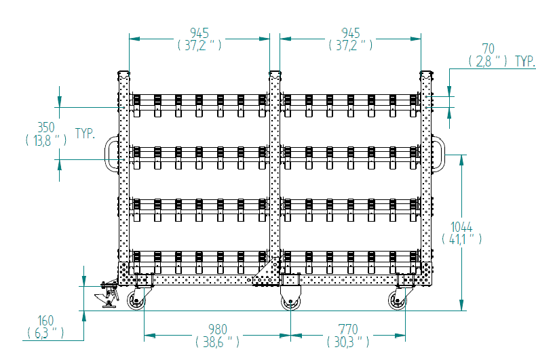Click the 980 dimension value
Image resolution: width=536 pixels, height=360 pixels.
coord(218,329)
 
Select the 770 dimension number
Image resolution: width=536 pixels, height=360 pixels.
coord(348,329)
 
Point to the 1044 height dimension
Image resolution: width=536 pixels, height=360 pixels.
coord(461,227)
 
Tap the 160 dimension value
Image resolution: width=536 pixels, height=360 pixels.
coord(45,321)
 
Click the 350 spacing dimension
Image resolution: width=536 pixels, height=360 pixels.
coord(46,127)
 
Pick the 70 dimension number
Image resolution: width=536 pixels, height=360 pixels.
coord(488,49)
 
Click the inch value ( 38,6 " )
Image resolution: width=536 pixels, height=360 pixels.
coord(217,342)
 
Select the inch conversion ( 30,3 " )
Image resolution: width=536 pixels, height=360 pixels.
coord(348,342)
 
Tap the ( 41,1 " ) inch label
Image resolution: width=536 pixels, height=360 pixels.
coord(461,239)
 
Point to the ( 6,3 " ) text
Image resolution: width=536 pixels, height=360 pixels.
coord(45,333)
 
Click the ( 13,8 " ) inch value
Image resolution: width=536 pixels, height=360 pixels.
coord(46,140)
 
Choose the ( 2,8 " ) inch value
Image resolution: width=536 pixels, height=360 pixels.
coord(488,62)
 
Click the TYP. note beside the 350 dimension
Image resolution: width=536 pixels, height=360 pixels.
coord(85,133)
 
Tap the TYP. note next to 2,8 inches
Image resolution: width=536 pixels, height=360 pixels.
coord(525,62)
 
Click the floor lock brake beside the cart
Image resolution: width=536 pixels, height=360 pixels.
coord(107,294)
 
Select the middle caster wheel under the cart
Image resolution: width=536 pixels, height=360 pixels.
coord(290,298)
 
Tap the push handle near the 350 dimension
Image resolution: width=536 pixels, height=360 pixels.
coord(111,154)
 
